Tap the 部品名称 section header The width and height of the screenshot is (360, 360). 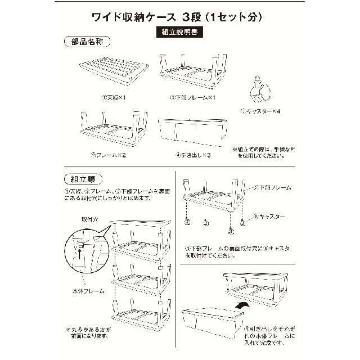[x=87, y=42]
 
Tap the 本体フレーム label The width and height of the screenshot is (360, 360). [x=84, y=292]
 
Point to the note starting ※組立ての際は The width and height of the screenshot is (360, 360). [x=263, y=152]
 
